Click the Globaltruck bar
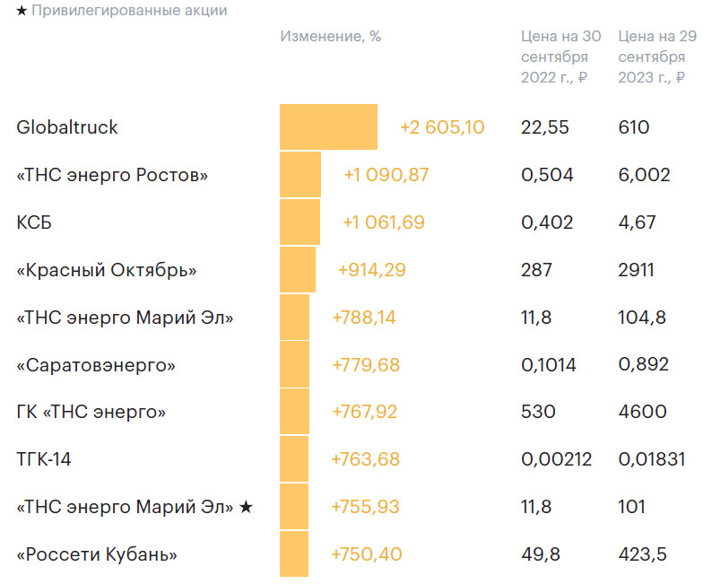click(328, 127)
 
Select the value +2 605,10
click(442, 127)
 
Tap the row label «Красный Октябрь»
click(106, 270)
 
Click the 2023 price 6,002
click(644, 175)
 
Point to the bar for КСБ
click(300, 222)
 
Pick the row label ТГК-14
click(44, 459)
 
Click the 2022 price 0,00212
click(556, 459)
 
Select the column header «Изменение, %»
click(330, 37)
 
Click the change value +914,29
click(371, 270)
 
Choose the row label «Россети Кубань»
click(97, 554)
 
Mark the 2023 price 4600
click(642, 412)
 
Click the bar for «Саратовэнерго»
click(294, 365)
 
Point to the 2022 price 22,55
click(544, 127)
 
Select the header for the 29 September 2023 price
click(653, 57)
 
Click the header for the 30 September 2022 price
click(560, 57)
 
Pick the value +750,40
click(366, 554)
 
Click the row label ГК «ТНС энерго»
click(91, 412)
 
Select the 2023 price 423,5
click(642, 554)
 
